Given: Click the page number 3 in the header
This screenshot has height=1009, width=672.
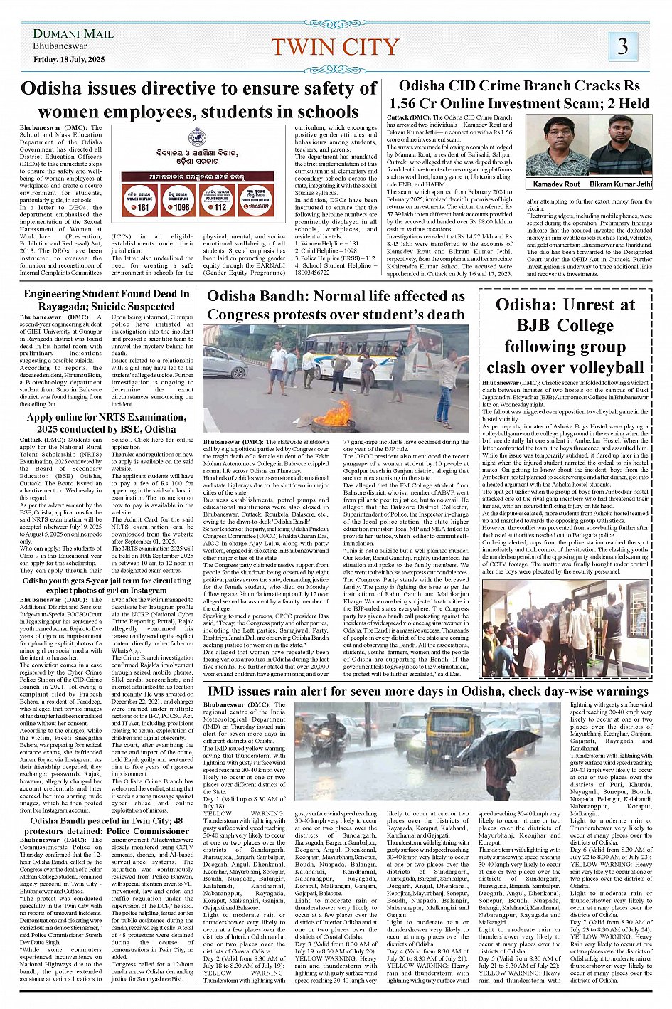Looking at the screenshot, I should pos(622,46).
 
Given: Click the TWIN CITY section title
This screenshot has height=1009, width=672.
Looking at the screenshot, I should pos(335,47).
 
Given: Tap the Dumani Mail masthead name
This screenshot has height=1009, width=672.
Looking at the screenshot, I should pos(73,33).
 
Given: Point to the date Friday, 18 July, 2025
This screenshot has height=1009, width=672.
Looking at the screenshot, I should pos(69,59).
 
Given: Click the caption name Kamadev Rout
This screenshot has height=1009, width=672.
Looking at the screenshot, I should pos(556,184).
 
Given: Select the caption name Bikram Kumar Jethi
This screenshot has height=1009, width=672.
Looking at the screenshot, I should pos(620,184).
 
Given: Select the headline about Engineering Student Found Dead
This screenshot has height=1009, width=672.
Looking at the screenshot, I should pos(107,300).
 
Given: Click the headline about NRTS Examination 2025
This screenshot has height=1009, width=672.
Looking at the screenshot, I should pos(107,423).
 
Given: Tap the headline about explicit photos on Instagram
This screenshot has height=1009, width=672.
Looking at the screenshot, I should pos(107,586).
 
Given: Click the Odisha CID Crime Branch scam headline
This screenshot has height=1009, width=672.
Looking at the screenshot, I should pos(518,95).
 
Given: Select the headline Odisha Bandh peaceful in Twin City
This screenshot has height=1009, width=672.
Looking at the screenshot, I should pos(107,826).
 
